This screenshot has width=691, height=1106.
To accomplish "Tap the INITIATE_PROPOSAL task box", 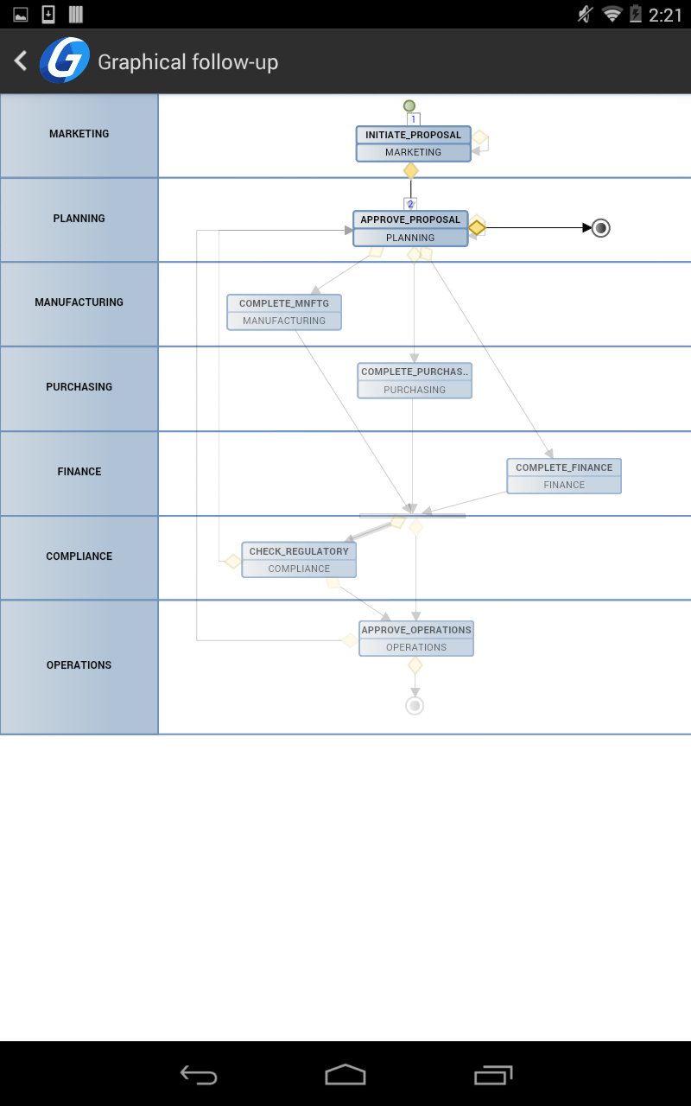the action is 413,143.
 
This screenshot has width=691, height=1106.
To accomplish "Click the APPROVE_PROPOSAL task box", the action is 410,229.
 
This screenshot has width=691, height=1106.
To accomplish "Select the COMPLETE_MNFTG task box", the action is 284,312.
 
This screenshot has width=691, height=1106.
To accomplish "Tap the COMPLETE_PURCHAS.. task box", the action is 415,381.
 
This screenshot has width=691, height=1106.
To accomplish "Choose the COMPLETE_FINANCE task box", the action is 564,476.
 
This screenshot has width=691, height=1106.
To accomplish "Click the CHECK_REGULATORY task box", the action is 299,560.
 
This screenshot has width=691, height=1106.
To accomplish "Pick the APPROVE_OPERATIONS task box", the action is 416,639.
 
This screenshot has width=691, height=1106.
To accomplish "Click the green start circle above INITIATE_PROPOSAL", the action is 409,105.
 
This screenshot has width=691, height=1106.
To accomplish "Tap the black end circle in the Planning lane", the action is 600,228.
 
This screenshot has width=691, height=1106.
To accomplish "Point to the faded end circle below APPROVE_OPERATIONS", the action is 415,706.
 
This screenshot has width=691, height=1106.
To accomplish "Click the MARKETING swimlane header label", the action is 79,134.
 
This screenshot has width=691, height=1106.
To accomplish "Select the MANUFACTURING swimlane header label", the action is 79,302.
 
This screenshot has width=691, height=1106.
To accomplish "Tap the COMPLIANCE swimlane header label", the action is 79,556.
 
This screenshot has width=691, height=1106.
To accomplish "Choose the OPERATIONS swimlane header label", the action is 79,665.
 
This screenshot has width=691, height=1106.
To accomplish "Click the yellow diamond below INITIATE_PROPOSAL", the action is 410,171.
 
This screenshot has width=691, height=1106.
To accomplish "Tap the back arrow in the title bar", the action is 21,60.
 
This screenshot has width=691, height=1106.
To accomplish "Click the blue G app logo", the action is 65,60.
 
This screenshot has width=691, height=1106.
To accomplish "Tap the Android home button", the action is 345,1074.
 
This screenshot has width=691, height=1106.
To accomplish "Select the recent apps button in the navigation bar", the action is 493,1075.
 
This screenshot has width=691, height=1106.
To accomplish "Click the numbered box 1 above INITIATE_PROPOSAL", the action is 414,119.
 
